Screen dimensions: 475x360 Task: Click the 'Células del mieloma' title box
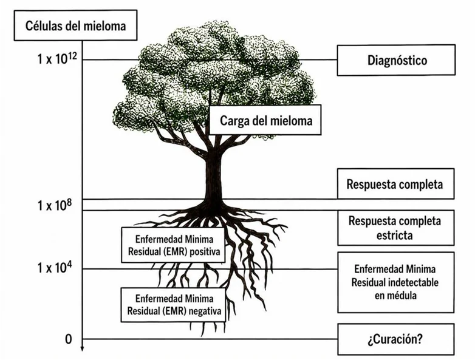(75, 25)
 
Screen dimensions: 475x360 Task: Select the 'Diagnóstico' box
(396, 60)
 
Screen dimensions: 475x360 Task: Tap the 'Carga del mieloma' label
(265, 120)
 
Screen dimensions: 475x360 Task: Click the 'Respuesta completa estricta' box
(396, 228)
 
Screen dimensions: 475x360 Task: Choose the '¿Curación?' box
(396, 339)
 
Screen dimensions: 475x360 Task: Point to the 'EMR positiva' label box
(173, 245)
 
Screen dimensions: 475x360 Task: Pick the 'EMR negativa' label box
(173, 305)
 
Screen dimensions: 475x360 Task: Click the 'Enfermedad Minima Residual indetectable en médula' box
(396, 282)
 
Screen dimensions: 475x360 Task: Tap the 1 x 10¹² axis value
(55, 58)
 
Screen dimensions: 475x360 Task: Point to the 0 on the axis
(69, 339)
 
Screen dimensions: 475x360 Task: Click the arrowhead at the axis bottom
(82, 349)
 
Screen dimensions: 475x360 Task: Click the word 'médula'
(395, 295)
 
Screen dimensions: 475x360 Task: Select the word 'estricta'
(394, 236)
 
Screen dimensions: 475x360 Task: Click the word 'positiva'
(205, 251)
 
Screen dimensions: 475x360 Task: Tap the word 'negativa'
(205, 311)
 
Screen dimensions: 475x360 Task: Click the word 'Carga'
(234, 121)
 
